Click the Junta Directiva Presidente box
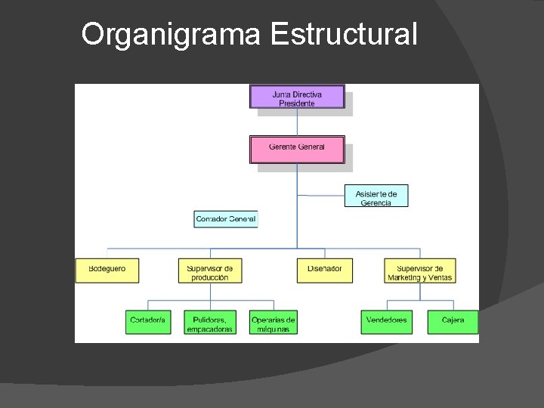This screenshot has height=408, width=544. click(x=297, y=97)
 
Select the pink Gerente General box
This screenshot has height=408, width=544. click(x=297, y=148)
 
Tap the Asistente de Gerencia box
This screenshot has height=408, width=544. click(x=376, y=197)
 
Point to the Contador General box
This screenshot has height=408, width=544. click(x=226, y=219)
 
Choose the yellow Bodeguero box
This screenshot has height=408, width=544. click(x=107, y=270)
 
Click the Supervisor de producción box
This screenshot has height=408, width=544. click(x=210, y=271)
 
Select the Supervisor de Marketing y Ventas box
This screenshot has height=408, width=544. click(x=419, y=271)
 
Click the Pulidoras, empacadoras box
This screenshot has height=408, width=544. click(x=210, y=323)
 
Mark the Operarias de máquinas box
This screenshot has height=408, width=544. click(x=273, y=323)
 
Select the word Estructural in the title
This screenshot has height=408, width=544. click(x=343, y=35)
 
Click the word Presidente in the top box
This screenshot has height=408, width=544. click(x=297, y=104)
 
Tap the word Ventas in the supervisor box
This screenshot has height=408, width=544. click(x=439, y=278)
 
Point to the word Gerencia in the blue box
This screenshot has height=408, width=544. click(x=376, y=203)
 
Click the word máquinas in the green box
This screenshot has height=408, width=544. click(x=273, y=329)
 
